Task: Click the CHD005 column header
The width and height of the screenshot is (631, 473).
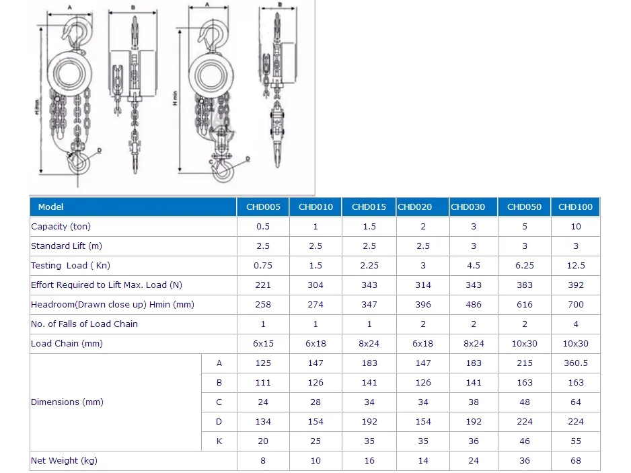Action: [x=263, y=207]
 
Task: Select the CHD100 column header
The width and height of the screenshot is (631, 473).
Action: [x=575, y=207]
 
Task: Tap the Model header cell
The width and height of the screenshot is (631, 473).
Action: [x=50, y=207]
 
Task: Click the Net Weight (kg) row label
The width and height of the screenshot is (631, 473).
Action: [x=64, y=460]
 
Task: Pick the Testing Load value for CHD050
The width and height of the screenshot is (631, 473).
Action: [x=524, y=266]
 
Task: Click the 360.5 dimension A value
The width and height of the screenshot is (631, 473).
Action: [x=575, y=363]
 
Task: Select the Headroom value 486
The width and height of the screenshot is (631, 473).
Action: [x=474, y=305]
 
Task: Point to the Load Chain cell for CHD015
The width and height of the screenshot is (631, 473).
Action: [x=369, y=344]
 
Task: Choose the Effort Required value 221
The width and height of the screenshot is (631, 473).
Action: [x=263, y=285]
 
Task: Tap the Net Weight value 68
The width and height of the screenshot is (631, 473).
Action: [x=575, y=460]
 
